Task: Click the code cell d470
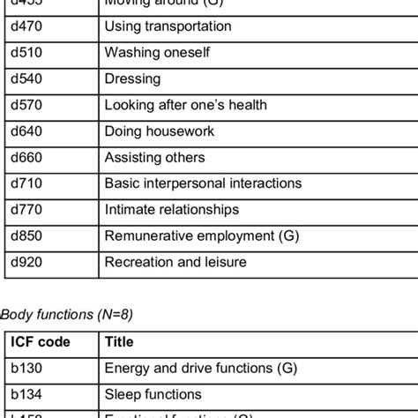27,26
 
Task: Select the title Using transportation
168,26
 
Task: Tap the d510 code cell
27,53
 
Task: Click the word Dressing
132,79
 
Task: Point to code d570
27,105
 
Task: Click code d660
27,158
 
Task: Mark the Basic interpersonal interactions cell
203,183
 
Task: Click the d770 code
27,210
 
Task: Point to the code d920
27,262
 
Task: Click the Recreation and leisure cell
175,262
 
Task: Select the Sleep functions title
153,394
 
